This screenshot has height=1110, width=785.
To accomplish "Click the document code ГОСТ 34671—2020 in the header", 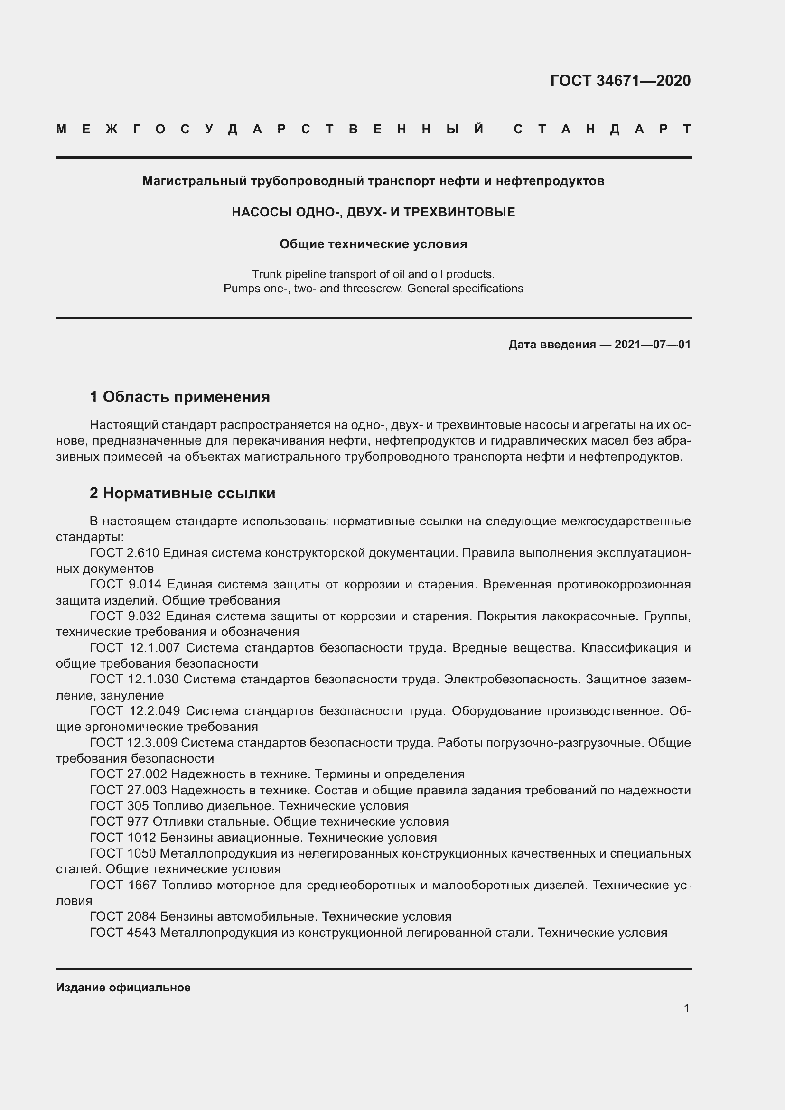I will coord(620,81).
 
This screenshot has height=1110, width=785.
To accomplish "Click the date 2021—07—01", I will coord(653,345).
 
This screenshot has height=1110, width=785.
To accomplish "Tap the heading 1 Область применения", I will coord(179,397).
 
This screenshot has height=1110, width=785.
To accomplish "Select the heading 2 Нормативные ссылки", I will coord(182,493).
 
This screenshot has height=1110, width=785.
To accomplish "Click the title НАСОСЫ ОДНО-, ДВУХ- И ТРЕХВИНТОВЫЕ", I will coord(373,212).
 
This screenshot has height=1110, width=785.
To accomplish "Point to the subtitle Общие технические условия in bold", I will coord(373,244).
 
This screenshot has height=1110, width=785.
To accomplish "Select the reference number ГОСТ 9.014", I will coord(126,585).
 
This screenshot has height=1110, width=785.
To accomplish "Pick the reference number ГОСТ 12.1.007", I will coord(134,648).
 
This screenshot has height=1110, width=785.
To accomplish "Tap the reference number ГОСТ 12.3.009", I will coord(133,743).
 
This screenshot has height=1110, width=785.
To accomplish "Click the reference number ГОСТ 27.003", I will coord(128,790).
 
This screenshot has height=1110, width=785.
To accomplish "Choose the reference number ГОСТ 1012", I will coord(123,837).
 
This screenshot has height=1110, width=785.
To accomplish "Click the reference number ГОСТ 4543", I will coord(123,932).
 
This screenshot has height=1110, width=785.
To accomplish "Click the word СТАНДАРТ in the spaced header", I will coord(602,129).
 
